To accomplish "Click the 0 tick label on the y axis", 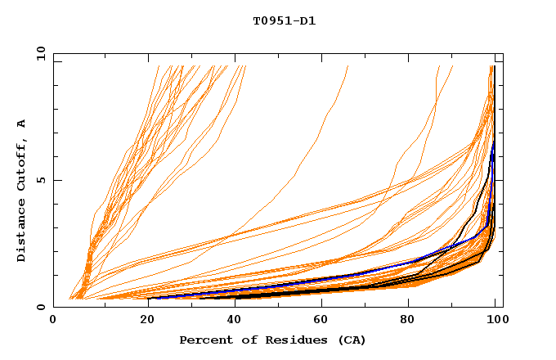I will (x=40, y=308).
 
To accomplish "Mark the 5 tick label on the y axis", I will (x=40, y=180).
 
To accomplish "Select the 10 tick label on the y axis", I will (x=40, y=53).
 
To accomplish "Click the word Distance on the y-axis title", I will (x=22, y=232).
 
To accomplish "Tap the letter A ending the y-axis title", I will (x=22, y=123).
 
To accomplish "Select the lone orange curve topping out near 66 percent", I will (x=323, y=123).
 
